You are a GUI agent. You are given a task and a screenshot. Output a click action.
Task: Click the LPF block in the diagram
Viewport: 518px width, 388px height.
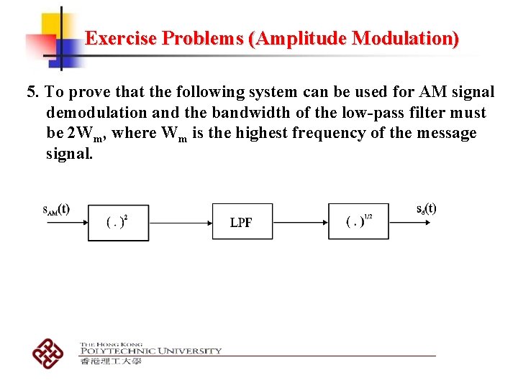242,221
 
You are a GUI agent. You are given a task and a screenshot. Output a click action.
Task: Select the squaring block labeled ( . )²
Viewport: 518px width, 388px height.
118,221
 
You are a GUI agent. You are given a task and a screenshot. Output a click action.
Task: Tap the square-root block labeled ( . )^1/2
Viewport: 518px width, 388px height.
358,221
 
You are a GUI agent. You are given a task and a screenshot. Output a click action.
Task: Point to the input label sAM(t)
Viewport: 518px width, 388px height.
56,210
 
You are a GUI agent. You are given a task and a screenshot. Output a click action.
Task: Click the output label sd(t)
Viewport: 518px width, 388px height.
426,209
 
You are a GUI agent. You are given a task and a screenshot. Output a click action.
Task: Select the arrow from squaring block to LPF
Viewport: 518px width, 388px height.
180,222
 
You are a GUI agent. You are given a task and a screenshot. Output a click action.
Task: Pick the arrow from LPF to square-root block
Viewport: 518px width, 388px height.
301,222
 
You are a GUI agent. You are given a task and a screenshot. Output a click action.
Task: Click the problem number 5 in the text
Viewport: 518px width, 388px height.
31,92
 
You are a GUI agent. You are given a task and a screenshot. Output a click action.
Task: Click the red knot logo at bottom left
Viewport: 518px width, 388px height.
47,352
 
